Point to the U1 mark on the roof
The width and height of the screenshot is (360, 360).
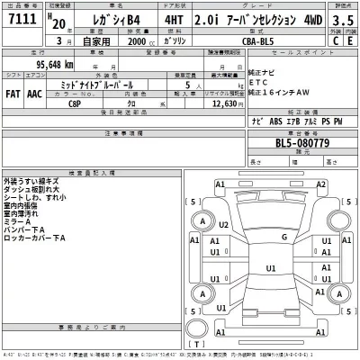click(x=271, y=267)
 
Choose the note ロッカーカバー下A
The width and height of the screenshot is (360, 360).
click(x=36, y=238)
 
